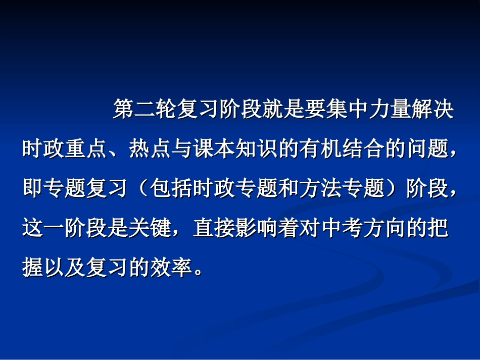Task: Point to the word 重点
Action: [86, 150]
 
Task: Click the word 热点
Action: [150, 150]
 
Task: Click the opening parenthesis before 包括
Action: [141, 189]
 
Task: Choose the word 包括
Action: [171, 189]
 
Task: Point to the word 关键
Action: [150, 228]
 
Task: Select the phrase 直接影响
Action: [235, 228]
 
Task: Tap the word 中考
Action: [342, 228]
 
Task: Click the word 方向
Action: [384, 228]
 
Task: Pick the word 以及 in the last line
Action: [65, 267]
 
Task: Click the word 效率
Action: [171, 267]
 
